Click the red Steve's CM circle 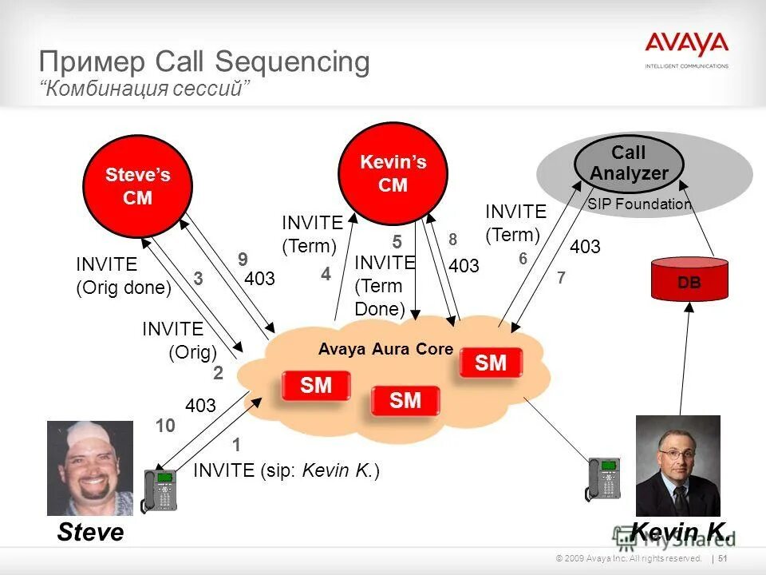[x=137, y=186]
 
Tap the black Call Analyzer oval [x=629, y=163]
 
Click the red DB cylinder [x=689, y=280]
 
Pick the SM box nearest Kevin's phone [x=491, y=363]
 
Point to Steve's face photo [x=90, y=467]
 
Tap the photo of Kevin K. [x=677, y=465]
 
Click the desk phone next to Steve [x=160, y=490]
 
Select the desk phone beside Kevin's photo [x=603, y=479]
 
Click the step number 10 [x=165, y=427]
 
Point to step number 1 [x=236, y=445]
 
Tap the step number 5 [x=397, y=242]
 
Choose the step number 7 [x=561, y=278]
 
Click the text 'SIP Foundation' [x=639, y=204]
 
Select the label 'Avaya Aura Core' [x=385, y=349]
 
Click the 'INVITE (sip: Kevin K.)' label [x=286, y=471]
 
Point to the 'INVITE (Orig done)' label [x=124, y=276]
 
